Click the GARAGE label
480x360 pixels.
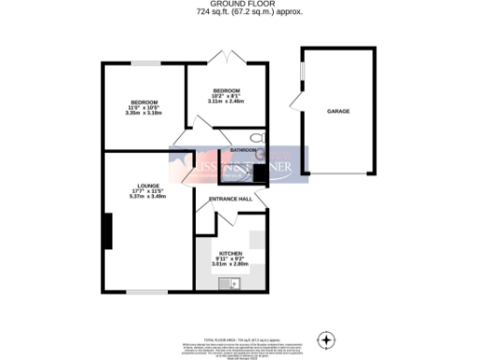[x=338, y=112]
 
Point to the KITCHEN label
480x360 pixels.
[x=231, y=253]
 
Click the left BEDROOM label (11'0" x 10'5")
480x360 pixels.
[x=143, y=101]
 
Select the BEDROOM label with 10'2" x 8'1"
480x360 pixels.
[x=224, y=90]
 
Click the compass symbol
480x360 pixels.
[x=327, y=338]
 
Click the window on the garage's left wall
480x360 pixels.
[x=301, y=69]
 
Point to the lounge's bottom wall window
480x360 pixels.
[x=146, y=292]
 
